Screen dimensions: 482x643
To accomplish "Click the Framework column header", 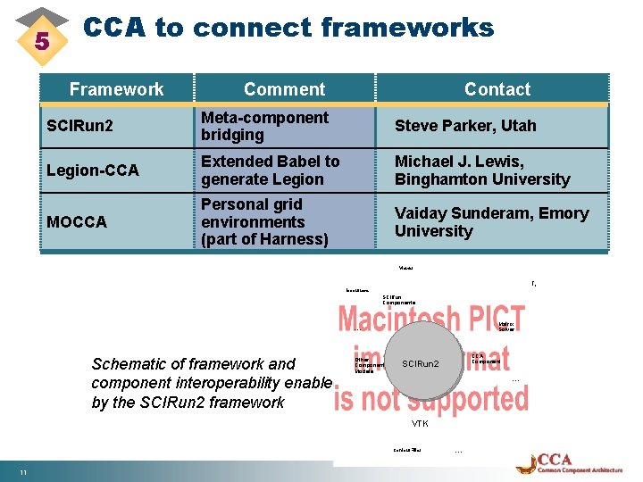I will (x=116, y=89).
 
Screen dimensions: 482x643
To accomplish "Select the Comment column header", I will (x=284, y=89).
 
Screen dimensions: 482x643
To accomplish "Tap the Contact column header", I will (x=497, y=89).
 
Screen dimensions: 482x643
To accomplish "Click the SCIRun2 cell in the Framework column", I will (x=80, y=126).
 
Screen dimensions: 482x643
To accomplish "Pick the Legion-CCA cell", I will (x=92, y=170).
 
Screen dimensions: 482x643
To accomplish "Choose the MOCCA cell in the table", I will (x=76, y=221).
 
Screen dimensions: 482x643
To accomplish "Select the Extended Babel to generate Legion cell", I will (x=270, y=170).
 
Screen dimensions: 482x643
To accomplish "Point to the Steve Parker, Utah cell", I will (x=465, y=126).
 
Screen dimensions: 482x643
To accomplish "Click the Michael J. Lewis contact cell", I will (x=482, y=170).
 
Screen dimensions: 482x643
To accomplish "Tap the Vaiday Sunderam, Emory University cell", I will (x=491, y=221).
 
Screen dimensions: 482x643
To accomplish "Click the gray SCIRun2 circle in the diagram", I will (x=420, y=364).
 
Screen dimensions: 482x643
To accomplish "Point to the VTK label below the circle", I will (x=420, y=423).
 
